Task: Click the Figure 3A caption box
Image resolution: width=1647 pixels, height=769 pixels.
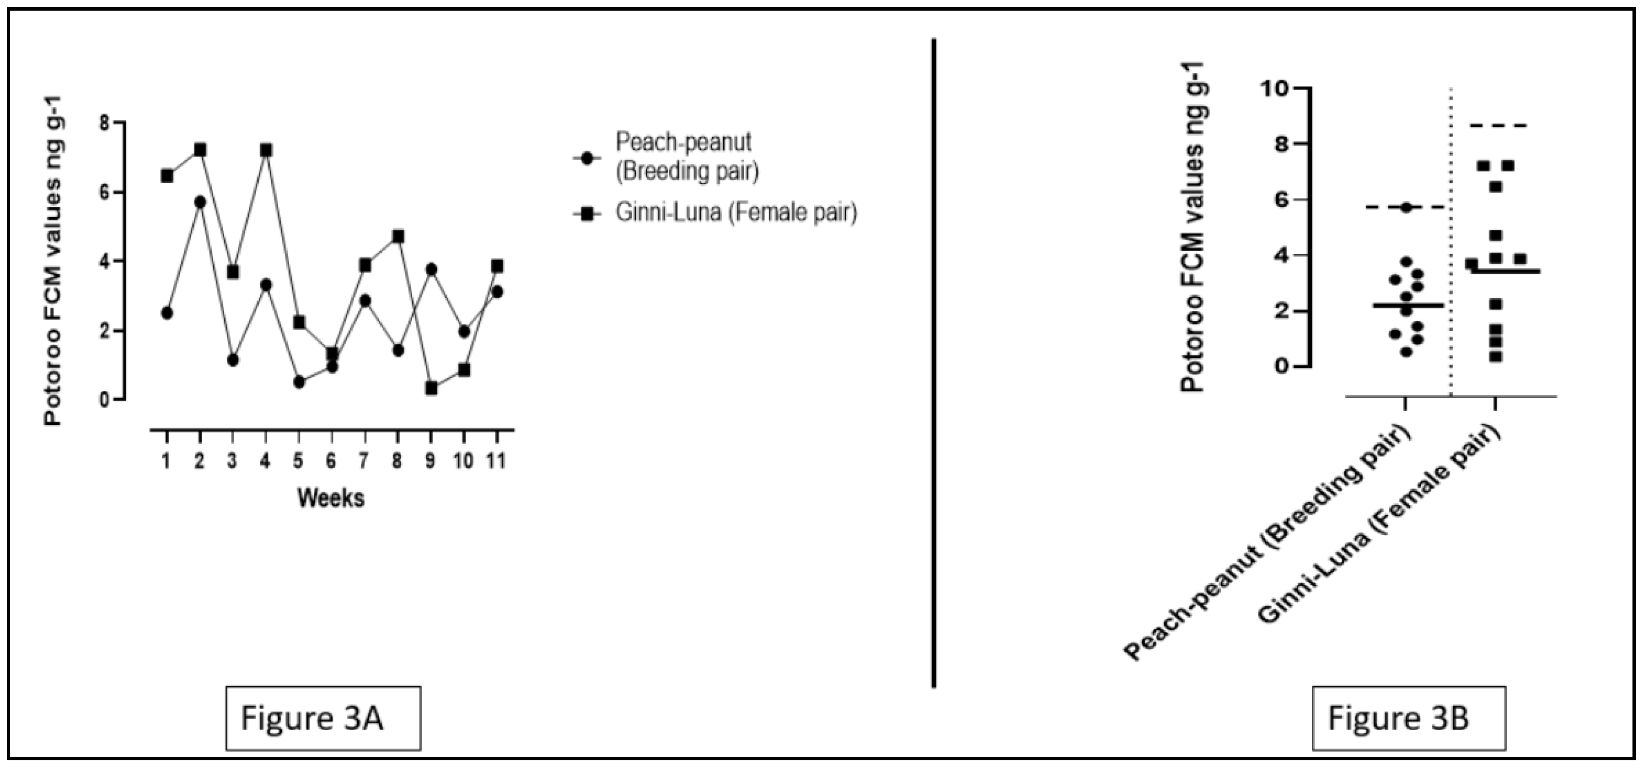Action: click(323, 718)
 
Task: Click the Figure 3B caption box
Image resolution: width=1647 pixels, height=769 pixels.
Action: click(1409, 718)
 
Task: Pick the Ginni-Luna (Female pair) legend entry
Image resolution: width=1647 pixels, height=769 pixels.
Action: click(735, 213)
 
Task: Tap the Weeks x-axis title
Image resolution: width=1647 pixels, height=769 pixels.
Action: click(330, 498)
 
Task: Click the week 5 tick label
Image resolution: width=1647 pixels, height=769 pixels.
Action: click(298, 461)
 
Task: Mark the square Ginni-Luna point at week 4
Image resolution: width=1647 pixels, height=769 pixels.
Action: click(266, 150)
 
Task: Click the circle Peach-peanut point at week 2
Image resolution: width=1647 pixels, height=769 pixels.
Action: click(200, 202)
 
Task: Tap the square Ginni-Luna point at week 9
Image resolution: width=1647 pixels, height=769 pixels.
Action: click(431, 388)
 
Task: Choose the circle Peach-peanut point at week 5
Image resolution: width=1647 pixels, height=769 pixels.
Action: click(298, 382)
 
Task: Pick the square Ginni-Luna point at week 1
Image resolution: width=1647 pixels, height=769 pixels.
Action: click(167, 176)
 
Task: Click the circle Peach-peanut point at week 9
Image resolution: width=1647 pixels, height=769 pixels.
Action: click(431, 269)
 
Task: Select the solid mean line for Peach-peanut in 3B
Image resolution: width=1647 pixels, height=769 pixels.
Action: click(1407, 305)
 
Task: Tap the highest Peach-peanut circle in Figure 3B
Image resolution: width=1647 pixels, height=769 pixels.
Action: click(1406, 208)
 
